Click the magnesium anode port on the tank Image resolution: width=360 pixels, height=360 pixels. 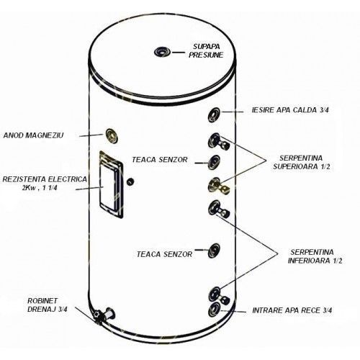click(x=112, y=134)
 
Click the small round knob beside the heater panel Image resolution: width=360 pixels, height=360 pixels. click(x=130, y=180)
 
